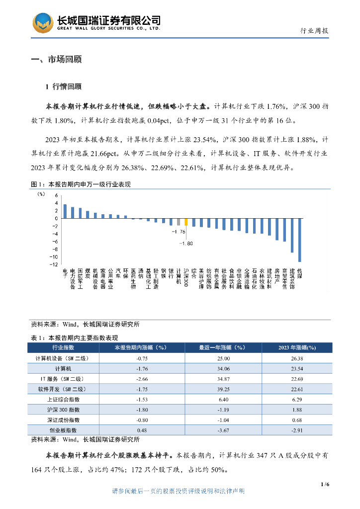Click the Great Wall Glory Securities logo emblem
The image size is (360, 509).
43,23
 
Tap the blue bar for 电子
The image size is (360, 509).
65,211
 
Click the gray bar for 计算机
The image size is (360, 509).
179,222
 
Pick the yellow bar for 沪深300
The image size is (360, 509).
186,222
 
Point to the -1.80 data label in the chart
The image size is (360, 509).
186,243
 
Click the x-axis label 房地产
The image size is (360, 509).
277,276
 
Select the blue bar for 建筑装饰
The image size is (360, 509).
292,236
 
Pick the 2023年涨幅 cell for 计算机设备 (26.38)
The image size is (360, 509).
297,358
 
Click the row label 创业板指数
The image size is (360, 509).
63,430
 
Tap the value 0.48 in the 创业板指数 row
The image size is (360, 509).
141,430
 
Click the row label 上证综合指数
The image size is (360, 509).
63,399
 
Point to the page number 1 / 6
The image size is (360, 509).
326,484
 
